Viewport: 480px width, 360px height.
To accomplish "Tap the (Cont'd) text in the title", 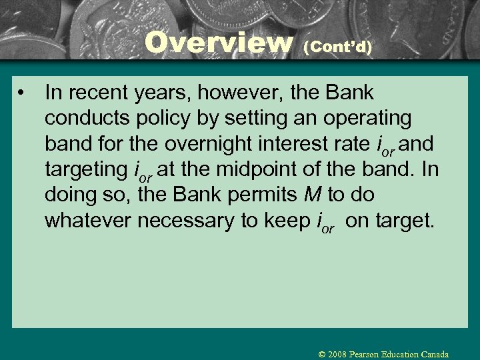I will click(x=337, y=47).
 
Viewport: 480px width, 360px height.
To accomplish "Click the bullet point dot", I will click(x=23, y=93).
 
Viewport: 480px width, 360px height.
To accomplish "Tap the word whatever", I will click(x=88, y=221).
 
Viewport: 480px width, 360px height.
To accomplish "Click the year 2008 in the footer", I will click(x=337, y=354).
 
